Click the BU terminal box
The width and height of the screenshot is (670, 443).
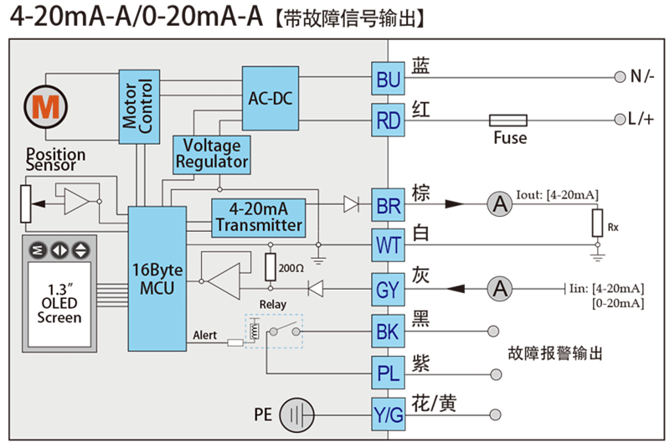pyautogui.click(x=389, y=80)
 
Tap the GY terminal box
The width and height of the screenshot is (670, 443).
pyautogui.click(x=389, y=290)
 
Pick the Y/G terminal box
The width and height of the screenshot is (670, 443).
pyautogui.click(x=389, y=413)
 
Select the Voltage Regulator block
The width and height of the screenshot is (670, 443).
pyautogui.click(x=210, y=154)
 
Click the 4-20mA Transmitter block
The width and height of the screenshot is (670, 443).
pyautogui.click(x=258, y=217)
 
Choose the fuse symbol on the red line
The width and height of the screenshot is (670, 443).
pyautogui.click(x=508, y=121)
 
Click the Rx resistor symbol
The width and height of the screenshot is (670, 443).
pyautogui.click(x=597, y=223)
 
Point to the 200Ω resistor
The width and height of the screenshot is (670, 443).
pyautogui.click(x=271, y=266)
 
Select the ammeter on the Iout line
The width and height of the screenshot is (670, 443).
pyautogui.click(x=500, y=203)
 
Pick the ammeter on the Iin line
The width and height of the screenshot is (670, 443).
pyautogui.click(x=500, y=289)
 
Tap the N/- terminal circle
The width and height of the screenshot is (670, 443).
pyautogui.click(x=620, y=77)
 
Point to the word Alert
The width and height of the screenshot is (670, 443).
pyautogui.click(x=204, y=335)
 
